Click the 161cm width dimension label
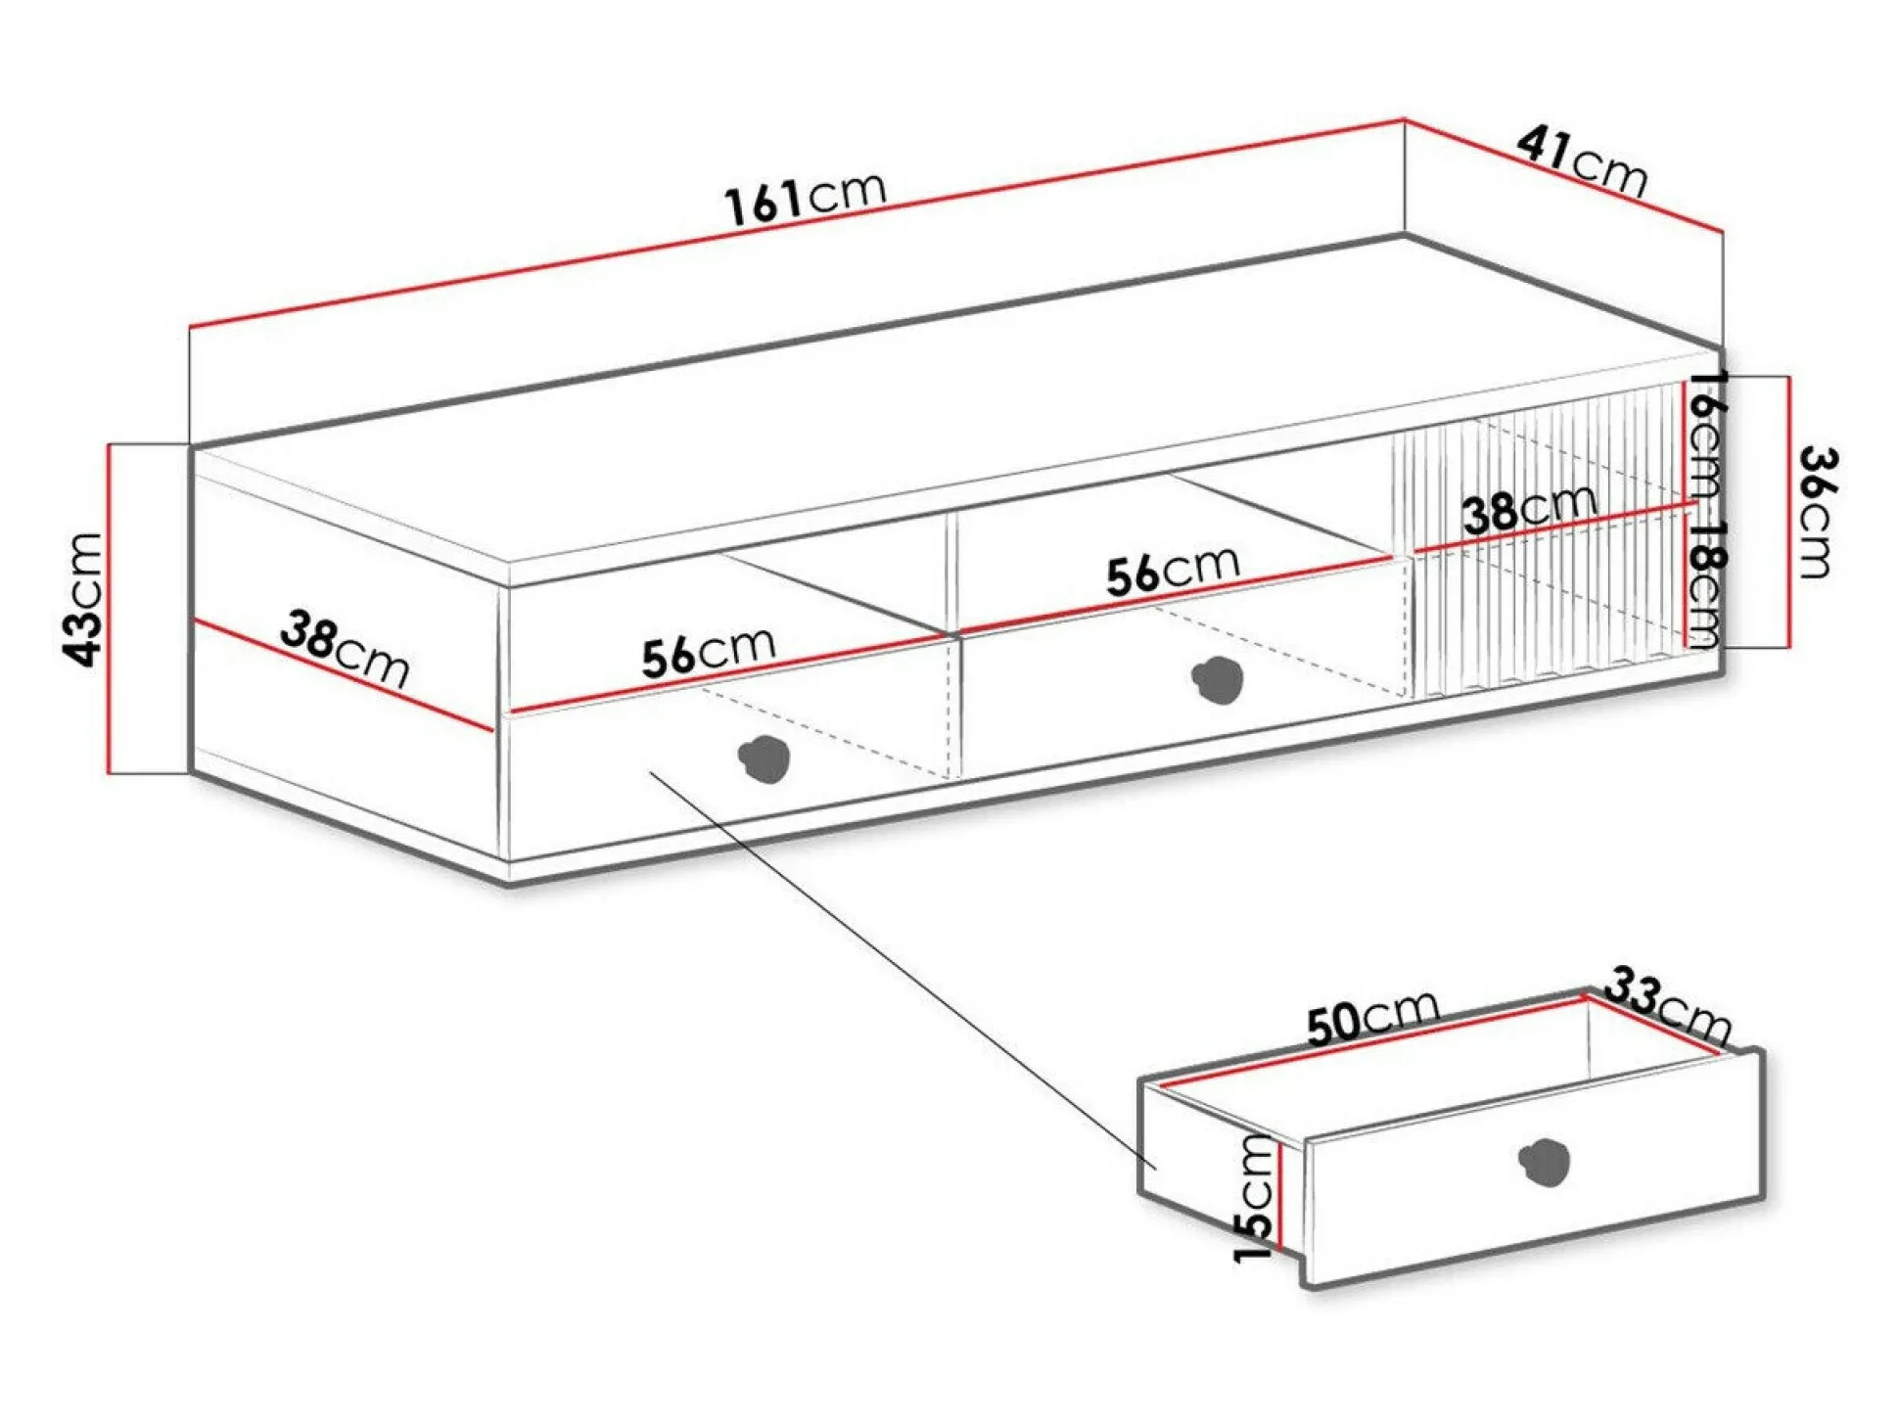pos(805,198)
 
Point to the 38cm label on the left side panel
pos(345,648)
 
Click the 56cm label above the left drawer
pos(709,652)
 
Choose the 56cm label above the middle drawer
pos(1173,570)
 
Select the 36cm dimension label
pos(1819,512)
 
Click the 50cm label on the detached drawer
pos(1372,1017)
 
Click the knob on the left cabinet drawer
pos(764,758)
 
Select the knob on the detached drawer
pos(1545,1162)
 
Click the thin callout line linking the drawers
pos(901,969)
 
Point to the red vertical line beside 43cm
pos(110,607)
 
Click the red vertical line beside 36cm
pos(1788,512)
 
